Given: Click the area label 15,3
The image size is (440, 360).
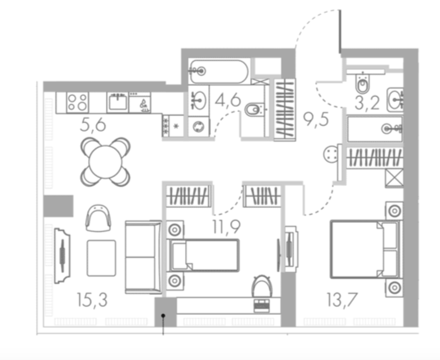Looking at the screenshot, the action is tap(92, 300).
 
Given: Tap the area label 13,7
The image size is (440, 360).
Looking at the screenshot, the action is tap(342, 300).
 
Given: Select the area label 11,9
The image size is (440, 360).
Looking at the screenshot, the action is tap(226, 227).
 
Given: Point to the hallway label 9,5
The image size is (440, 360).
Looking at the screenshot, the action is tap(316, 120).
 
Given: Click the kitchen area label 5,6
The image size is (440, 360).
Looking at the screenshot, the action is tap(93, 125).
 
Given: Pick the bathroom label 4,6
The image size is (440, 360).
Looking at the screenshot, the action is tap(228, 100).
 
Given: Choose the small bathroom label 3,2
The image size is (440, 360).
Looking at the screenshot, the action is tap(367, 103).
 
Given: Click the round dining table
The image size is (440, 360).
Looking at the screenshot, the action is tap(105, 162).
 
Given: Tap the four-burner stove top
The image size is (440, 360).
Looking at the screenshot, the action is tap(78, 102).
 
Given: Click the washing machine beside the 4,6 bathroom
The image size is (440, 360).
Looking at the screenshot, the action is tap(199, 127).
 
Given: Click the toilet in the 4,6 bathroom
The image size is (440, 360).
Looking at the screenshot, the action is tap(255, 110).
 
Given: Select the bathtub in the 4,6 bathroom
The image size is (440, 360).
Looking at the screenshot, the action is tap(219, 71).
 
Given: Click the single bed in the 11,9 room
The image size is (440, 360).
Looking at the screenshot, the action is tap(203, 255).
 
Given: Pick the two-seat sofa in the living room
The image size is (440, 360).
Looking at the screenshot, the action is tap(144, 257).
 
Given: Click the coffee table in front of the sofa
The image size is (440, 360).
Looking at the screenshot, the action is tap(101, 258).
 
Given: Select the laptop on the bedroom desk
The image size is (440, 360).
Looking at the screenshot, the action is tap(261, 305).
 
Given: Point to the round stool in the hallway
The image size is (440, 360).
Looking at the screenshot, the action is tap(330, 154).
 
